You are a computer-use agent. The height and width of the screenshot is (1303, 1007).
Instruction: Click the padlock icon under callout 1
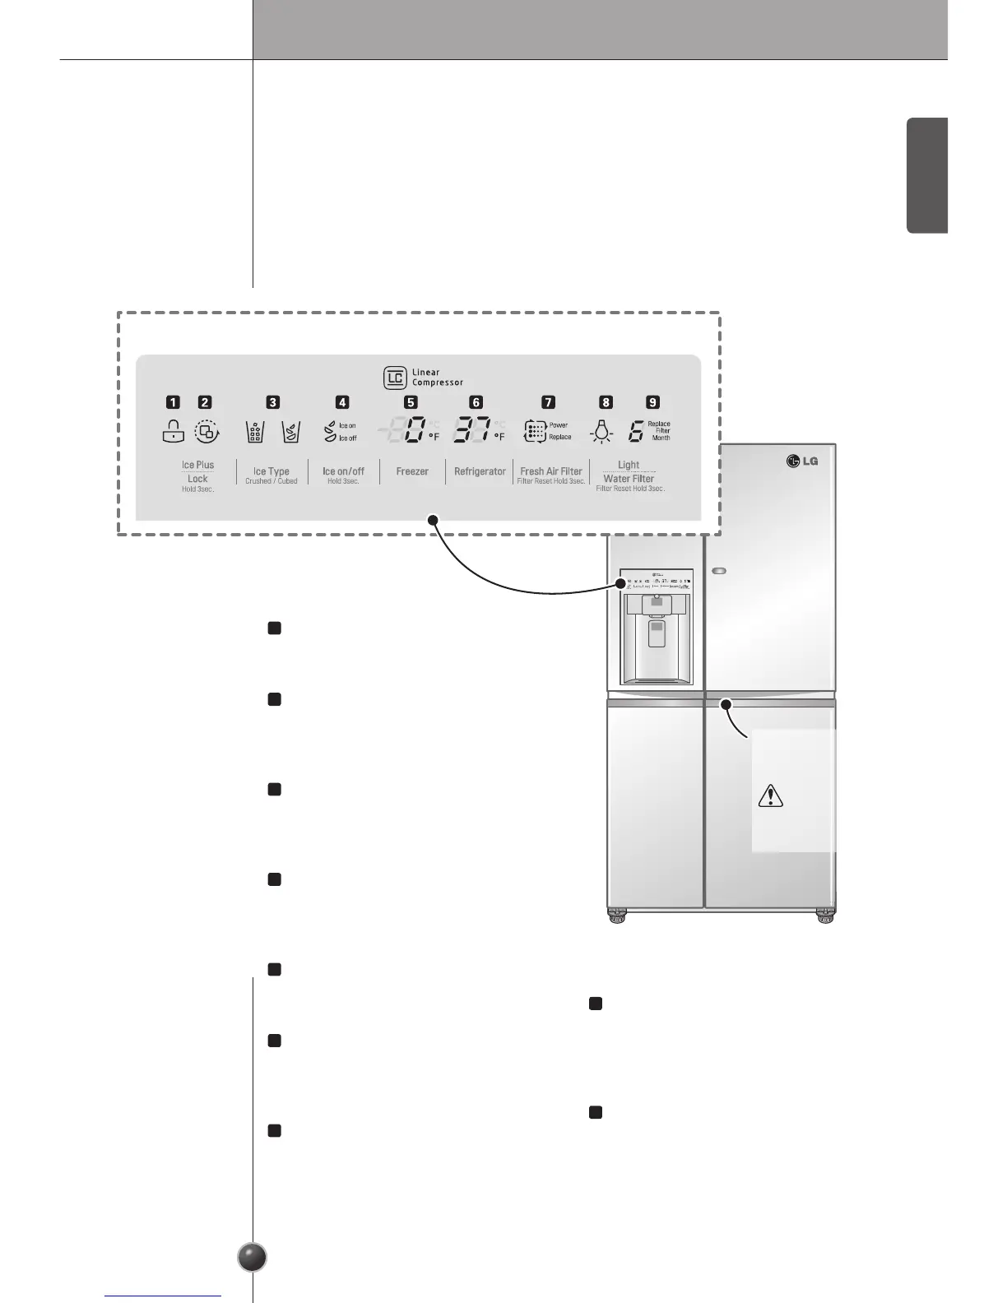pos(174,431)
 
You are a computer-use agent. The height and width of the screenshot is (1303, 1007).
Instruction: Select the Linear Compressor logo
pos(395,378)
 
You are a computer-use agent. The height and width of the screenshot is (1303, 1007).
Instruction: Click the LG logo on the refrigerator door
pos(802,461)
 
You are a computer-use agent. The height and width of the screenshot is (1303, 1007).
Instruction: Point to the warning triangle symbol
pos(770,795)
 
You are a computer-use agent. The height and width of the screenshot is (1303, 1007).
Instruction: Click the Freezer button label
pos(412,471)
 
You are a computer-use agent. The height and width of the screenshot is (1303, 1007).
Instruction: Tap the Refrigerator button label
pos(480,471)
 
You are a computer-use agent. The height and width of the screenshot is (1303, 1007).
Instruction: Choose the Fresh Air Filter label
pos(551,471)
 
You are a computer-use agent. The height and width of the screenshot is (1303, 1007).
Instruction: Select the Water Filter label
pos(629,478)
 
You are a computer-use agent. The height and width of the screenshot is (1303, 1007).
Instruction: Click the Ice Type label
pos(271,471)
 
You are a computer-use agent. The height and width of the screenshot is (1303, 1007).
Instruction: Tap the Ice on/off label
pos(343,471)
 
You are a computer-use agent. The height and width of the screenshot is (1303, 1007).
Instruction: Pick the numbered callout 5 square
pos(411,402)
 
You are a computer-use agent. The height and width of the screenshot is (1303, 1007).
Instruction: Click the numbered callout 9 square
pos(652,402)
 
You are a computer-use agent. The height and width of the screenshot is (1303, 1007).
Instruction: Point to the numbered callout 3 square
pos(272,402)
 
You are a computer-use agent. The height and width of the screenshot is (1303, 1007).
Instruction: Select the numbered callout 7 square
pos(548,402)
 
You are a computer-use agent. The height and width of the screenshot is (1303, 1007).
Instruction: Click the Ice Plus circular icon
pos(207,431)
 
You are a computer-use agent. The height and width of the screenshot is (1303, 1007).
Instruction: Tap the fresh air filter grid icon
pos(535,432)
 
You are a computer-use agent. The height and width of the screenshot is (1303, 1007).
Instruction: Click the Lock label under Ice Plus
pos(197,478)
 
